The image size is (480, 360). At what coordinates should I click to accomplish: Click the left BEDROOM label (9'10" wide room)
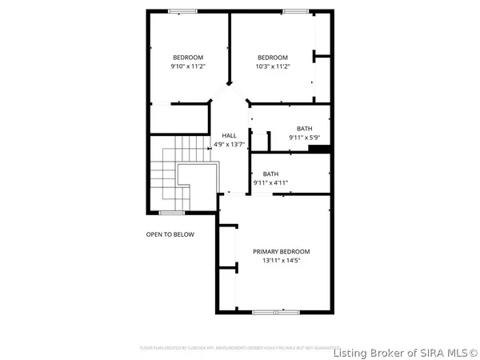(188, 57)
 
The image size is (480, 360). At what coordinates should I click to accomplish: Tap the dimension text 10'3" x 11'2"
(273, 66)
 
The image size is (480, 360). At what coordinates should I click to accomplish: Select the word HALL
(229, 135)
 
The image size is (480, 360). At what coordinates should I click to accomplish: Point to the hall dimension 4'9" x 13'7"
(229, 145)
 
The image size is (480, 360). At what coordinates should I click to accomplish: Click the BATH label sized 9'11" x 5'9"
(304, 129)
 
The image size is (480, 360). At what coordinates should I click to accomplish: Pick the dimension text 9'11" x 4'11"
(270, 183)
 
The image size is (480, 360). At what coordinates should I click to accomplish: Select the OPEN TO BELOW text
(170, 234)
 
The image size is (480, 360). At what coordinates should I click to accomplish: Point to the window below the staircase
(170, 212)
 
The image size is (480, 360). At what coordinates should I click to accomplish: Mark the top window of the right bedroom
(294, 11)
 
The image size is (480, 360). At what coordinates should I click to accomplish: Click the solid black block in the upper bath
(319, 147)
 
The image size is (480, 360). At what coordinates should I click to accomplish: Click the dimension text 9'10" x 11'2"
(188, 66)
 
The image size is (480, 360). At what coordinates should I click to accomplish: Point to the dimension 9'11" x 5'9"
(304, 138)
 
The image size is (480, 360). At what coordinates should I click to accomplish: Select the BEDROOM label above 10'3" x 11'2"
(273, 57)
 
